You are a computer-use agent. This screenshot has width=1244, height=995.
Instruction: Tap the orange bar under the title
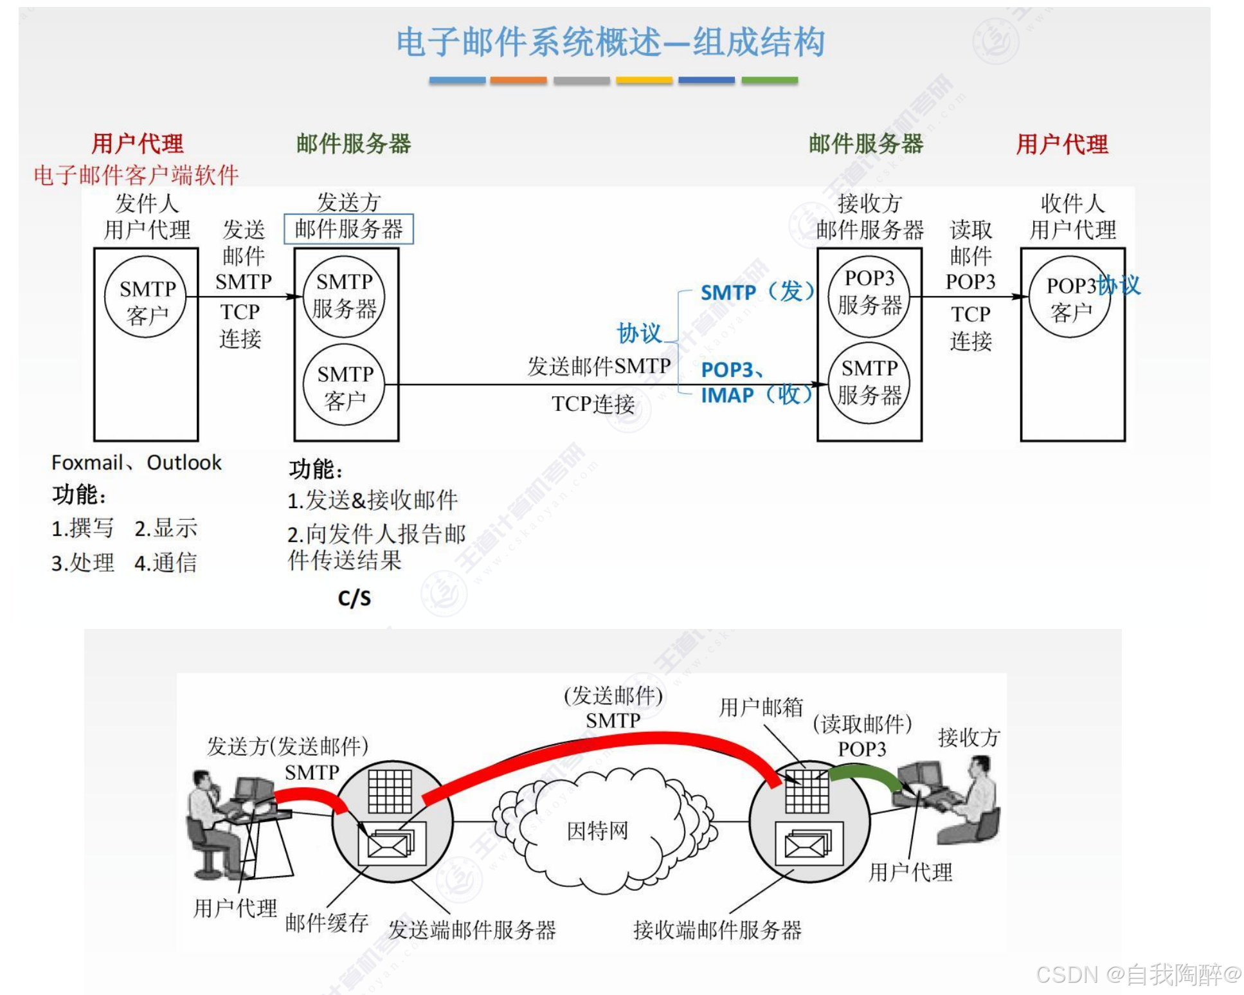point(518,80)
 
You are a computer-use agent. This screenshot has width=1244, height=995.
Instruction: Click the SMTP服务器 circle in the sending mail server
point(344,296)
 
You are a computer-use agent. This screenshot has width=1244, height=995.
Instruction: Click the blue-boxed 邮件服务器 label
point(348,229)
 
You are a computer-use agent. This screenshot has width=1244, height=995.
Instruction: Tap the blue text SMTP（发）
point(756,292)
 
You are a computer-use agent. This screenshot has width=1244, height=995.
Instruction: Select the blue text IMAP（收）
point(756,394)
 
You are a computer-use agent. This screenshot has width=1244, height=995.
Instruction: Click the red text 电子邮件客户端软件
point(136,175)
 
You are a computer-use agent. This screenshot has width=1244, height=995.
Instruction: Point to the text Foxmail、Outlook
point(136,462)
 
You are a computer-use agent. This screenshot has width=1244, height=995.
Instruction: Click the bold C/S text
point(354,598)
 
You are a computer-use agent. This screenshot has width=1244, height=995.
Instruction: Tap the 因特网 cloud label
point(597,830)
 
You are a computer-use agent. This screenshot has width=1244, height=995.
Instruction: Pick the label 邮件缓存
point(327,922)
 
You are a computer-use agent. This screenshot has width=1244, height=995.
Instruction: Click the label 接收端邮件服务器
point(717,929)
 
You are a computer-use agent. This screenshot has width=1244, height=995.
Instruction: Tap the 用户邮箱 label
point(761,707)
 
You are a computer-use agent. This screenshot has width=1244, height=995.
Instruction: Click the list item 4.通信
point(165,563)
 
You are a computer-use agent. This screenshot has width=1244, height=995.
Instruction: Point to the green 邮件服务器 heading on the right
point(865,143)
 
